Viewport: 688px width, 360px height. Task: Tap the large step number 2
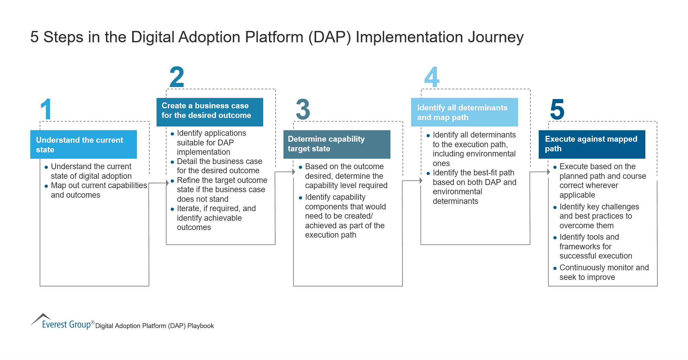(x=177, y=77)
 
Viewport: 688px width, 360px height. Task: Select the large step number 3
(x=303, y=109)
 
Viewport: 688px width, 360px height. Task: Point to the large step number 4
(x=432, y=77)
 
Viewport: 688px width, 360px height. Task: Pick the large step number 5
(x=557, y=109)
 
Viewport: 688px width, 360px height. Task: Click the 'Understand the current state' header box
(x=84, y=144)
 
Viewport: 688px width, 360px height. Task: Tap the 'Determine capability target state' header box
(x=336, y=144)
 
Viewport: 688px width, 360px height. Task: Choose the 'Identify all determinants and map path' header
(x=464, y=112)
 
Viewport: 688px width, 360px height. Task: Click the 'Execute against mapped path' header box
(x=592, y=144)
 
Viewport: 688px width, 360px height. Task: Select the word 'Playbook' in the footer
(x=201, y=326)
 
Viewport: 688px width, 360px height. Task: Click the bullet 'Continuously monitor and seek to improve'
(x=604, y=272)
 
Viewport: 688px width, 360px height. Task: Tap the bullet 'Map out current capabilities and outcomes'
(x=99, y=190)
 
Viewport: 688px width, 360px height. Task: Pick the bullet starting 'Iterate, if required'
(x=216, y=218)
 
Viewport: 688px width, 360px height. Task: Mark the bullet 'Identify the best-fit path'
(x=474, y=187)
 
